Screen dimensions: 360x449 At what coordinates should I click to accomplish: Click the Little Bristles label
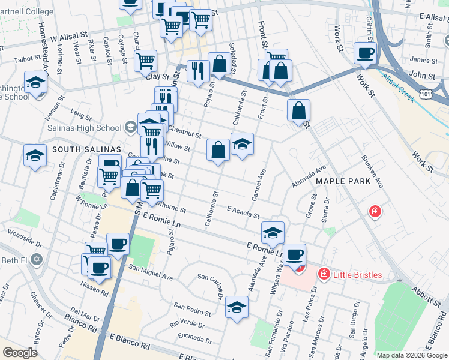[359, 275]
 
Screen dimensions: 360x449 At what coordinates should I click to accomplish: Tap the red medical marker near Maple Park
[375, 212]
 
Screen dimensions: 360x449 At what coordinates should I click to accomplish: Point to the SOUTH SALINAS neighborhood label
[87, 149]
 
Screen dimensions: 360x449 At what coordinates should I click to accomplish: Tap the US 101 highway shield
[424, 94]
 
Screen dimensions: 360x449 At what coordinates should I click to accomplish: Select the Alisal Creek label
[398, 87]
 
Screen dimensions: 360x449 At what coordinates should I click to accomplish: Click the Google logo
[20, 353]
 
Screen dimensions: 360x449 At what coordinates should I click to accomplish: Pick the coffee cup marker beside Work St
[365, 53]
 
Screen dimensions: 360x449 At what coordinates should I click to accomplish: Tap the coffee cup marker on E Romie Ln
[294, 255]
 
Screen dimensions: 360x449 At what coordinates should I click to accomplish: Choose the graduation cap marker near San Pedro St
[237, 308]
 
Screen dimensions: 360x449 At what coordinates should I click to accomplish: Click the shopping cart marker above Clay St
[145, 61]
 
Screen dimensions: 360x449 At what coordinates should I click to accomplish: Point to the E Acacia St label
[243, 212]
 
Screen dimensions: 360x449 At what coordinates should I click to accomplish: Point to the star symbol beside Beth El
[37, 259]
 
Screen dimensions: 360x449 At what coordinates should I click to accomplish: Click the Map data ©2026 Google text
[412, 355]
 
